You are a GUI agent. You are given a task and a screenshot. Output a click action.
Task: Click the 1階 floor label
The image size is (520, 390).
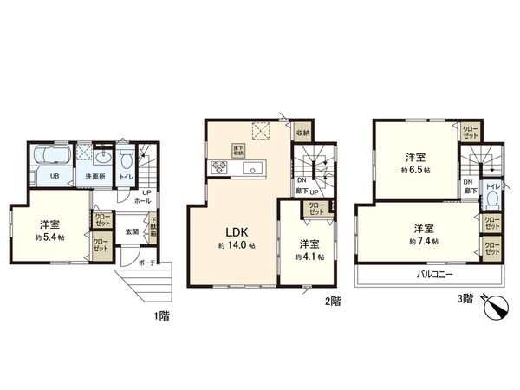162,316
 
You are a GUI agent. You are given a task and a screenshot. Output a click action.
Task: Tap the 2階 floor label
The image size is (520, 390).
333,301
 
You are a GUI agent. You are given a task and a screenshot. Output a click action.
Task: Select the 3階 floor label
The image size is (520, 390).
466,299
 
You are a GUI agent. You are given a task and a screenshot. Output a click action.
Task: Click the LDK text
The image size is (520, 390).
239,231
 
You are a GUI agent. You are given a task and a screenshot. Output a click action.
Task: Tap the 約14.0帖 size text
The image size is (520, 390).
237,247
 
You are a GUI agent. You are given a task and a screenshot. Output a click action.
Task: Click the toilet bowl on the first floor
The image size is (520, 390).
127,160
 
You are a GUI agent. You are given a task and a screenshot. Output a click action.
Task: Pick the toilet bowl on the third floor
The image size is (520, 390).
492,200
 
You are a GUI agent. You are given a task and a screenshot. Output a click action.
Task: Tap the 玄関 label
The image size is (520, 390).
131,231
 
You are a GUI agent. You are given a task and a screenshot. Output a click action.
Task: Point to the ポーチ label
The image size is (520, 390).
146,263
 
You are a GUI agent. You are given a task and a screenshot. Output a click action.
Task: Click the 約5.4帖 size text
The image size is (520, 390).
49,237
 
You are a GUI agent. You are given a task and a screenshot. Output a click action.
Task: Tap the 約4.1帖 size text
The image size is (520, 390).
309,257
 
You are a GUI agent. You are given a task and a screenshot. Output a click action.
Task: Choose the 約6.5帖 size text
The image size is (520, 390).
417,171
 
